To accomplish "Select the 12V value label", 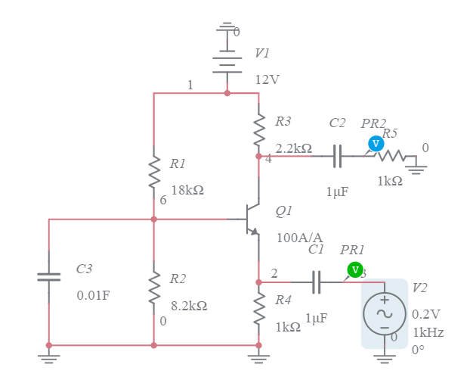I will tap(267, 79).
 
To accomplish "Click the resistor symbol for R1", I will tap(154, 172).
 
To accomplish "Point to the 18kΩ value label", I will tap(187, 190).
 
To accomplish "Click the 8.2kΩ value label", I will tap(189, 306).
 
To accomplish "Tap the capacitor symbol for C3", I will tap(49, 277).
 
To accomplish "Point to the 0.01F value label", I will tap(94, 295).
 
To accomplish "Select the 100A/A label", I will tap(299, 238).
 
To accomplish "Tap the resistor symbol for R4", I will tap(258, 310).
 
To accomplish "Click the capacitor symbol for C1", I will tap(317, 282).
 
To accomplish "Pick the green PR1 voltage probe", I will tap(354, 269).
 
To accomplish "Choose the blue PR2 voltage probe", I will tap(376, 143).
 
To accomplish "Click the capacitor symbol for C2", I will tap(338, 157).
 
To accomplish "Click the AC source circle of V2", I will tap(384, 313).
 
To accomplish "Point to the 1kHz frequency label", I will tap(428, 332).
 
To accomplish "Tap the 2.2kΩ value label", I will tap(293, 148).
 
